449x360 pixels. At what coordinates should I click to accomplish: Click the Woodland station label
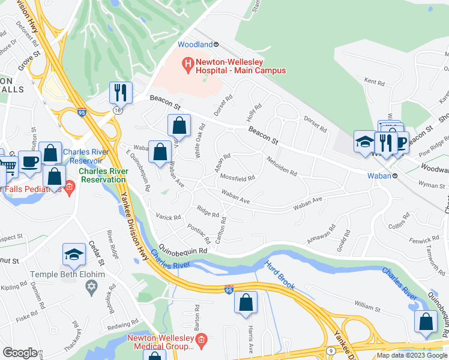point(195,44)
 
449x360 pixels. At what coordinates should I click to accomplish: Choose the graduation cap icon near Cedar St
point(74,254)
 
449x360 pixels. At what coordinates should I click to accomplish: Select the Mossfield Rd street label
point(238,178)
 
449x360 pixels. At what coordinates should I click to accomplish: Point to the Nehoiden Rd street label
point(281,168)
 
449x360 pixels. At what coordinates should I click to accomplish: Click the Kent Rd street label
point(374,82)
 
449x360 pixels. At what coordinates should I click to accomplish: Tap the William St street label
point(367,308)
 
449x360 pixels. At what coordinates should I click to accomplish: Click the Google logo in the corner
point(20,353)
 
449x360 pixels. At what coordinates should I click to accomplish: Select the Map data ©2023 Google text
point(412,355)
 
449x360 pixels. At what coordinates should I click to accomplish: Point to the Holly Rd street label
point(255,112)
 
